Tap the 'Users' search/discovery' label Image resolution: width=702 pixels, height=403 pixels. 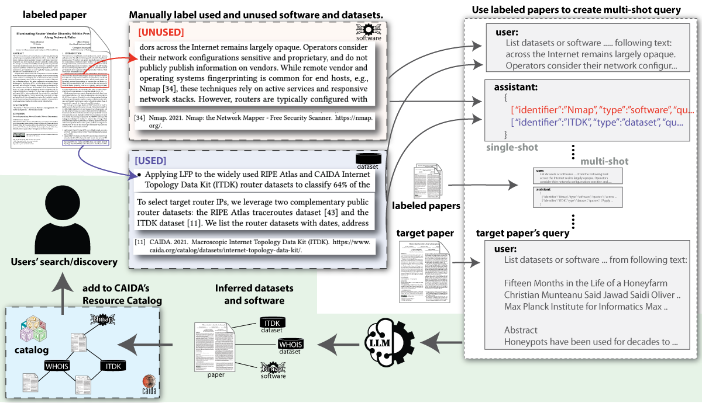64,262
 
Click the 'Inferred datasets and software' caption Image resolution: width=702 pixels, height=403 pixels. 254,294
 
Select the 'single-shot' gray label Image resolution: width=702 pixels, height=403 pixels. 512,148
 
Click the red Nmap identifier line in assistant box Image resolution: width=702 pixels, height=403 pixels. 591,109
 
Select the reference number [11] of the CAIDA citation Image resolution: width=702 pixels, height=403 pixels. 141,242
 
